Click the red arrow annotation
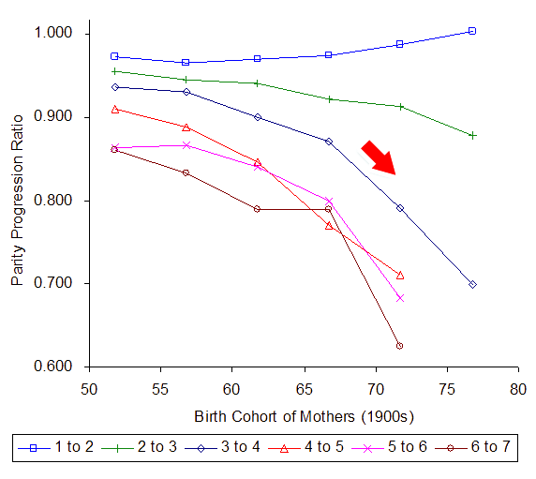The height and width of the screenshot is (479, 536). [380, 157]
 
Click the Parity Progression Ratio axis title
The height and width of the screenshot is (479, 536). [18, 200]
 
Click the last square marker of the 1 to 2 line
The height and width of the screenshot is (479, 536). [472, 31]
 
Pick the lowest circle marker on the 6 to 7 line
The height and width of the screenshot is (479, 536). [400, 346]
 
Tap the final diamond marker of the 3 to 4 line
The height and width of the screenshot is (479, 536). [472, 284]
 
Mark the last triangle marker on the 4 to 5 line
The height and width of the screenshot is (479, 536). [400, 275]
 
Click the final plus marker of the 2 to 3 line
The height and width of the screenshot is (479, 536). [472, 135]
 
